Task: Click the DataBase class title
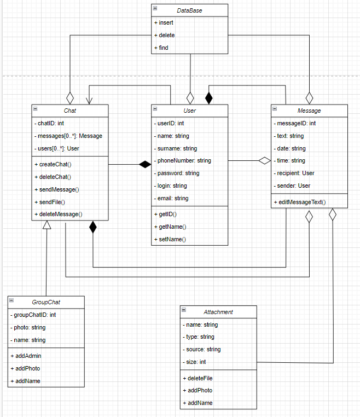pos(189,10)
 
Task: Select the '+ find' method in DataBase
pos(161,48)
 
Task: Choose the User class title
pos(189,111)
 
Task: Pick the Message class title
pos(310,111)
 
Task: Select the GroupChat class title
pos(47,302)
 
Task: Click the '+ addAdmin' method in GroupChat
pos(26,356)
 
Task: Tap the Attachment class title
pos(218,312)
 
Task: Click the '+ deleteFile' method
pos(200,378)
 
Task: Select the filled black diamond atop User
pos(208,98)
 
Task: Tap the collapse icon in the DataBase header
pos(155,9)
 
